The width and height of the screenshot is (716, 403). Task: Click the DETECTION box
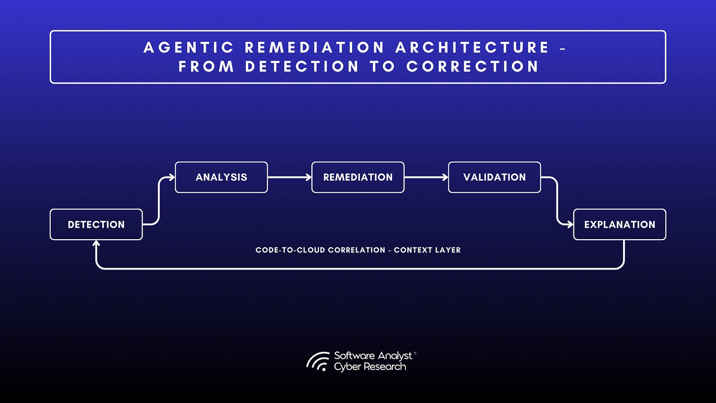tap(96, 224)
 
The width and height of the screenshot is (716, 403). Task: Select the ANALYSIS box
tap(221, 177)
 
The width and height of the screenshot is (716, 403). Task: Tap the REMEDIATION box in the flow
tap(358, 177)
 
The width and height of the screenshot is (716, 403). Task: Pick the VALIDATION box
tap(494, 177)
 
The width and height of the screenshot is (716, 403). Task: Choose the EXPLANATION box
tap(620, 224)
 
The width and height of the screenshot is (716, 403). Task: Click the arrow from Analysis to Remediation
tap(289, 177)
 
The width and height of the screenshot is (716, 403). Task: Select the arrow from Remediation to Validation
tap(426, 177)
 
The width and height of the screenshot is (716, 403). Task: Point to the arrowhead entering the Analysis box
tap(172, 177)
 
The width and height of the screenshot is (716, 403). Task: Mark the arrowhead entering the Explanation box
tap(570, 224)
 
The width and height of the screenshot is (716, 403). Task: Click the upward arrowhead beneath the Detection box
tap(96, 243)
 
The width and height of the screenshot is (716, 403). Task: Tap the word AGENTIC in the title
tap(189, 48)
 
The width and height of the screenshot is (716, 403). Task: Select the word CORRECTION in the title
tap(473, 66)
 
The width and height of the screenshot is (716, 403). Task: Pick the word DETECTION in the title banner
tap(302, 66)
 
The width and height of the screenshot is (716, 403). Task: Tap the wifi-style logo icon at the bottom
tap(318, 361)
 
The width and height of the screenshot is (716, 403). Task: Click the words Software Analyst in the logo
tap(373, 356)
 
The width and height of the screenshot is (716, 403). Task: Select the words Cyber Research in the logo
tap(370, 367)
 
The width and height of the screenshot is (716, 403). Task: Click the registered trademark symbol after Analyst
tap(415, 353)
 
